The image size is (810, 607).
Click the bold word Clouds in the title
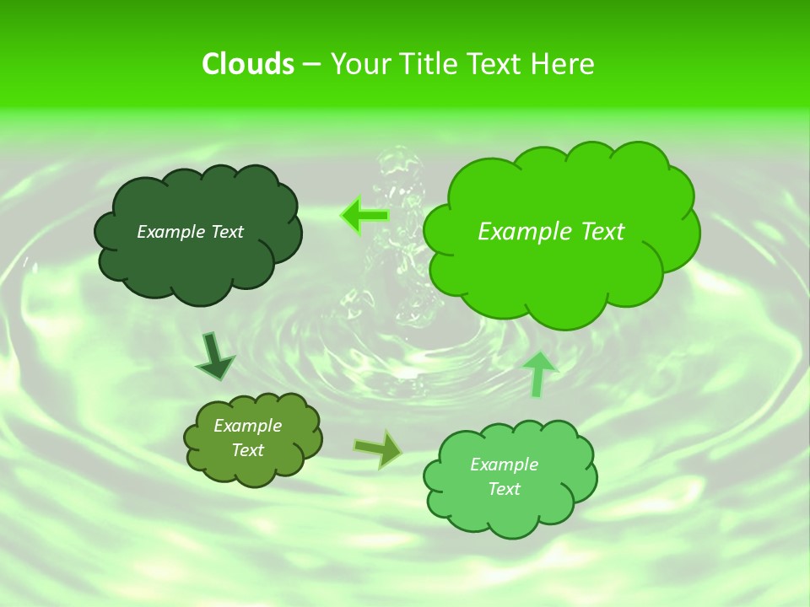pos(247,64)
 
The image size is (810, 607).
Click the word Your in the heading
pos(358,64)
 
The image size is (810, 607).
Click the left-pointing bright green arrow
pos(364,216)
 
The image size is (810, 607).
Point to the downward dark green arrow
pos(214,355)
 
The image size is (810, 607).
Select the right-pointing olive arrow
pos(378,449)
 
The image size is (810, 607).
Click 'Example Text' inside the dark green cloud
pos(190,232)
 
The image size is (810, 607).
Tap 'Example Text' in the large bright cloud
pos(551,232)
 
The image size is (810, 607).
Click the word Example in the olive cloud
pos(247,426)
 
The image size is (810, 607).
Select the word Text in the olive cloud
pos(247,450)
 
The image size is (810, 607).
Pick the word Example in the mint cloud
pos(504,465)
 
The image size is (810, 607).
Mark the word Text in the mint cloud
pos(504,489)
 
